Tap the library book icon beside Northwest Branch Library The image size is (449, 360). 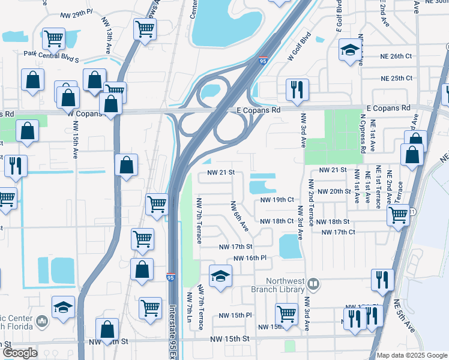click(x=313, y=283)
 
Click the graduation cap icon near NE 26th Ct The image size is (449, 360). click(x=348, y=50)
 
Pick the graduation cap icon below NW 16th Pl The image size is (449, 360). click(x=220, y=276)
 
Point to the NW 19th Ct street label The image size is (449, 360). click(x=277, y=200)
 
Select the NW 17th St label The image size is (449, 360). click(x=235, y=247)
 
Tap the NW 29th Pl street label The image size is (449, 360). click(x=74, y=11)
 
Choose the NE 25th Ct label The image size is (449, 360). click(x=396, y=78)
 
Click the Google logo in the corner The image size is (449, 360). click(x=19, y=353)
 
